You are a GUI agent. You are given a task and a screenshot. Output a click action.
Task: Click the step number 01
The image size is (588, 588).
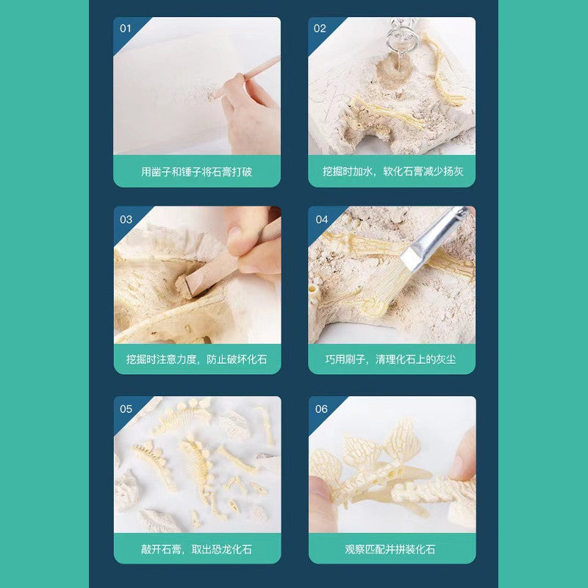(126, 29)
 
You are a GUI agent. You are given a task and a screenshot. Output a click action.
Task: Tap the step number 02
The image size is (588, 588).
(320, 29)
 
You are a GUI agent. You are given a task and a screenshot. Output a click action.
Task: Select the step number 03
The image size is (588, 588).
(126, 219)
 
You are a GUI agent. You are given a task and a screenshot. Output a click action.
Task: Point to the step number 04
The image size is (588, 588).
(322, 219)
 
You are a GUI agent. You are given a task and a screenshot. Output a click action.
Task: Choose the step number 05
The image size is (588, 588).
(126, 409)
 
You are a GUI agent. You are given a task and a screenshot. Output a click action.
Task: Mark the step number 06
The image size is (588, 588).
(321, 409)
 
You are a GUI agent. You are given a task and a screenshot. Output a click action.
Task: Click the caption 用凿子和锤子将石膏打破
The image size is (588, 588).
(196, 172)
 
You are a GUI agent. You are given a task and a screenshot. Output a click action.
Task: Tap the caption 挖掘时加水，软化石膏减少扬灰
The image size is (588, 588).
(393, 171)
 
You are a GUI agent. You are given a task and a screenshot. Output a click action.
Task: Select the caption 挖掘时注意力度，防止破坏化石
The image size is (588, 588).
(197, 359)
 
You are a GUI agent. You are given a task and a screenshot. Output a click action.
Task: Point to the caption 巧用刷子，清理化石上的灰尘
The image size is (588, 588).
(391, 359)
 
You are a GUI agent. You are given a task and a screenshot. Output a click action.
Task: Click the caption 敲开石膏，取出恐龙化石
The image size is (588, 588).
(196, 549)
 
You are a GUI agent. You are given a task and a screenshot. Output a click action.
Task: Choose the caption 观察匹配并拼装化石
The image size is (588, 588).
(390, 549)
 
